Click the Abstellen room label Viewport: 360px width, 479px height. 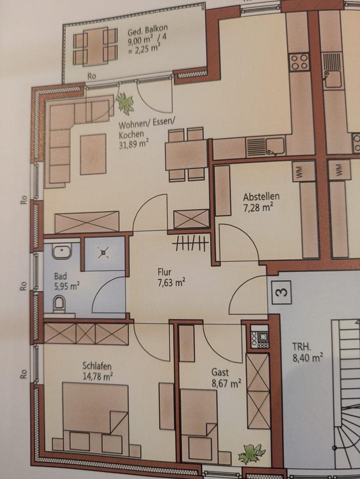tap(261, 196)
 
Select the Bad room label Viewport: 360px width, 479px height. tap(60, 276)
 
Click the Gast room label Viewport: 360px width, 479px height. tap(220, 372)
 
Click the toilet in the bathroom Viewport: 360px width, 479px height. tap(59, 304)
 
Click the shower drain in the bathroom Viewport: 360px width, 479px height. tap(104, 253)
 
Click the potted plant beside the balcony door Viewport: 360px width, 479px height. tap(125, 104)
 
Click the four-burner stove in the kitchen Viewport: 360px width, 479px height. tap(300, 62)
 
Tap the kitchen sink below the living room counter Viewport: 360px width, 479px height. tap(275, 145)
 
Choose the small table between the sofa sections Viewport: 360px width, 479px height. tap(93, 154)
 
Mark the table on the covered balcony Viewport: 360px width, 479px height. tap(95, 46)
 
